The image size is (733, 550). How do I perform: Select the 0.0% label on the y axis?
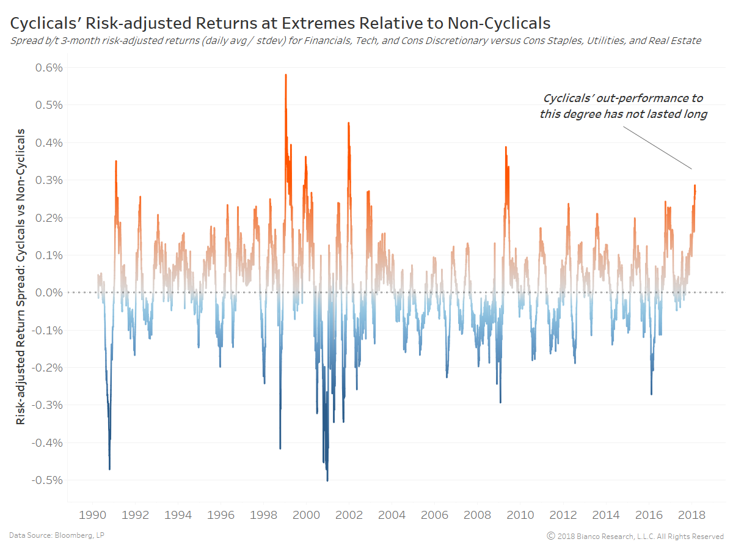(46, 293)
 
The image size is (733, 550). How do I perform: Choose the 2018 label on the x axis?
(692, 515)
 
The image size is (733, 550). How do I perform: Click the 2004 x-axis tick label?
(392, 515)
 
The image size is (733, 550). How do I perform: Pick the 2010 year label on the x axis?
(520, 515)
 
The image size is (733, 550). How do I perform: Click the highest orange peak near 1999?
(286, 75)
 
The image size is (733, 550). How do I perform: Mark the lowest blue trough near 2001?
(327, 480)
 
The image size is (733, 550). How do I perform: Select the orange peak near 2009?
(506, 147)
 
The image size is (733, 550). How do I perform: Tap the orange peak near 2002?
(348, 123)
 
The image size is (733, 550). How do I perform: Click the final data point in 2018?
(695, 186)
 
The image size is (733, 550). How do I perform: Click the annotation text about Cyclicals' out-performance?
(623, 106)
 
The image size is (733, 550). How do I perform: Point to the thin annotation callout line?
(658, 148)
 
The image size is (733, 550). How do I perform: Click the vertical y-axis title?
(21, 276)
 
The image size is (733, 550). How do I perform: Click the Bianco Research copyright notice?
(635, 536)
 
